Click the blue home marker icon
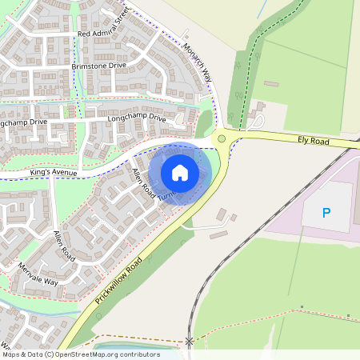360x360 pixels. pyautogui.click(x=180, y=173)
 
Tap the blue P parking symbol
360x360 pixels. pyautogui.click(x=326, y=213)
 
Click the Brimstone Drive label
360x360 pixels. pyautogui.click(x=98, y=66)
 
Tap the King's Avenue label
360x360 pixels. pyautogui.click(x=54, y=171)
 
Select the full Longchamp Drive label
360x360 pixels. pyautogui.click(x=141, y=118)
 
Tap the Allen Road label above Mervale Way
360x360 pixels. pyautogui.click(x=63, y=246)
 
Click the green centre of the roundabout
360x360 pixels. pyautogui.click(x=222, y=139)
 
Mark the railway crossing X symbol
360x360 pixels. pyautogui.click(x=190, y=342)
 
